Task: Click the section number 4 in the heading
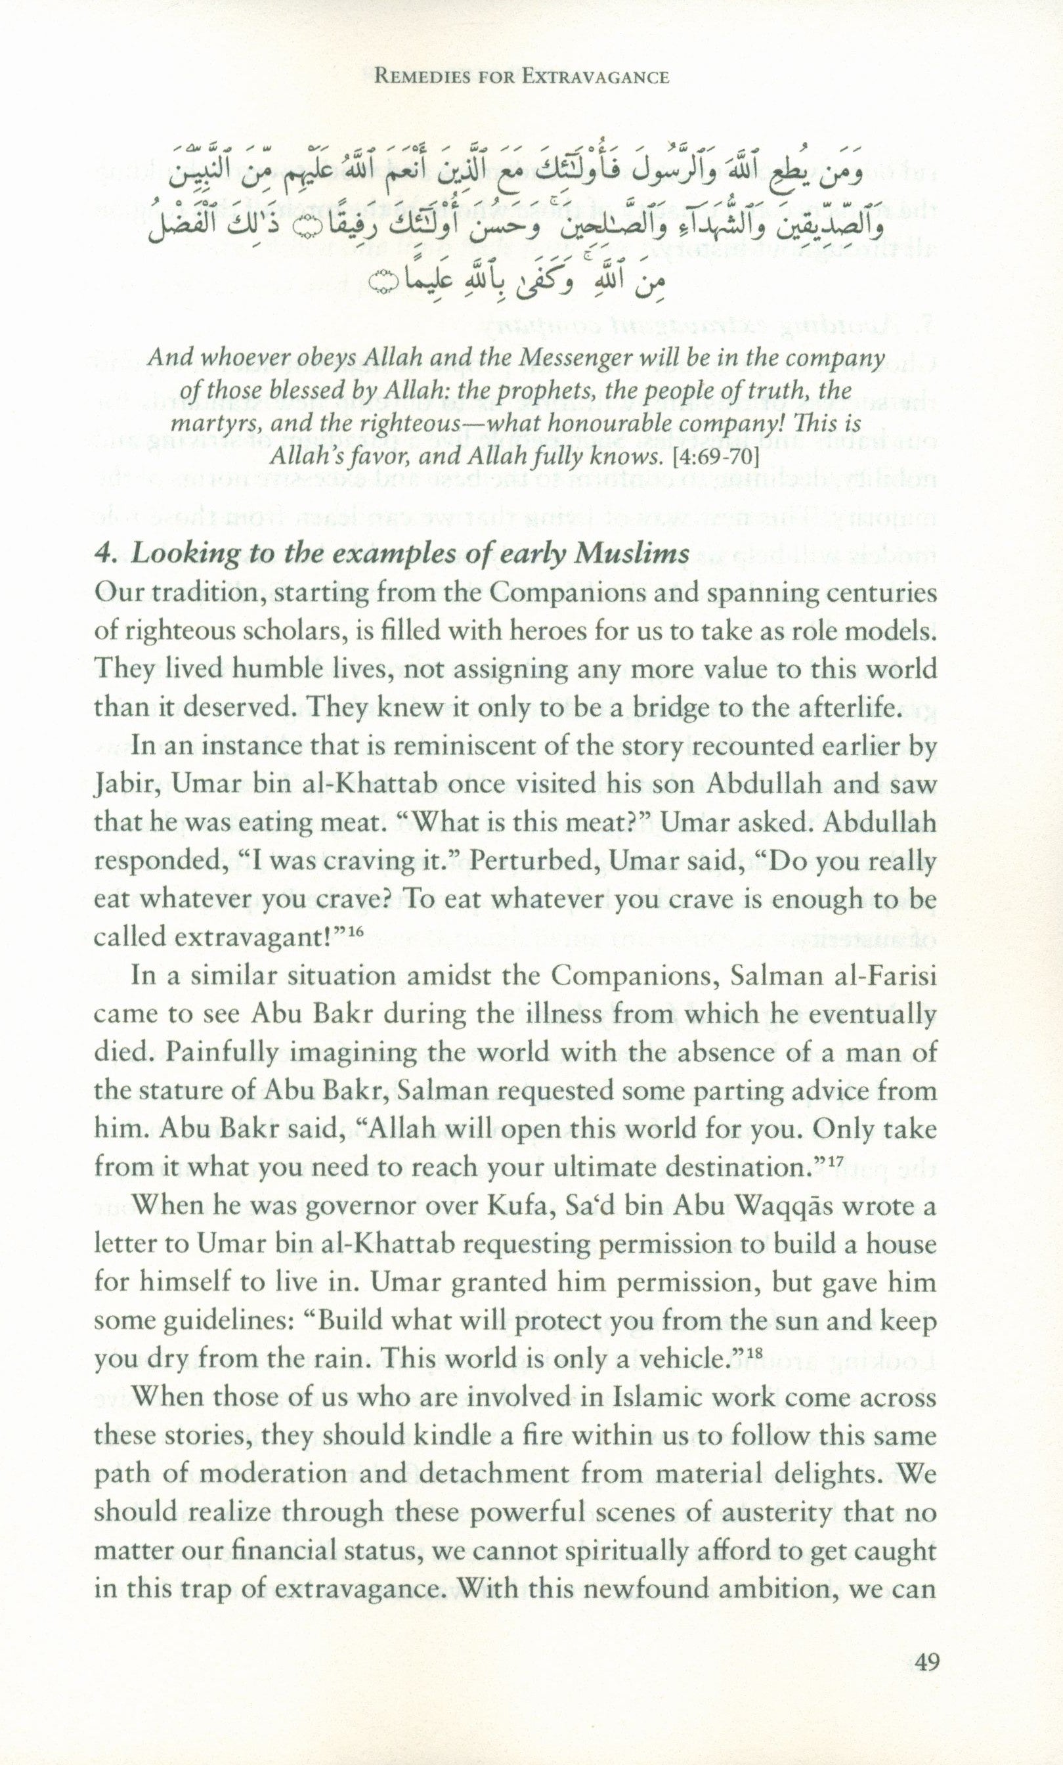coord(102,554)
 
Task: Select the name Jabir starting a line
coord(118,786)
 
